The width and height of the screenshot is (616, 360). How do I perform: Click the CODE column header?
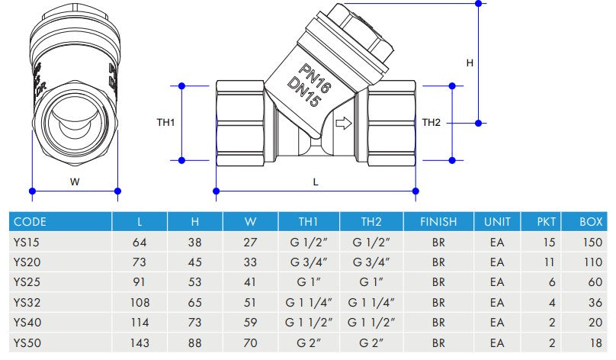click(x=30, y=222)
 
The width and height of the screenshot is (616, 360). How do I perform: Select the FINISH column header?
click(x=438, y=222)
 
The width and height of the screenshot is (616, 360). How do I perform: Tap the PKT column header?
click(x=547, y=222)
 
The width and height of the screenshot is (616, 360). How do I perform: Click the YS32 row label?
click(x=27, y=302)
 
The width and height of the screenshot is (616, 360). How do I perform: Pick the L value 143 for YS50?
click(x=140, y=342)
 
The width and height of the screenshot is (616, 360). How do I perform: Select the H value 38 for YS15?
click(x=195, y=242)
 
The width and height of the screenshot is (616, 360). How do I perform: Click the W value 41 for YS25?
click(x=250, y=282)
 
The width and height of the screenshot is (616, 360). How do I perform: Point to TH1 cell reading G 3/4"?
click(x=308, y=262)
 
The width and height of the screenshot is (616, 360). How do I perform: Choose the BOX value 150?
click(x=591, y=242)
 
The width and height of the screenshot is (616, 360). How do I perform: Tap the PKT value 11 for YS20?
click(x=547, y=262)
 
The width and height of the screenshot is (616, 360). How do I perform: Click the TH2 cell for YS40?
click(x=371, y=322)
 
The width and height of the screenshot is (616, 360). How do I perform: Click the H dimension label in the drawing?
click(x=470, y=63)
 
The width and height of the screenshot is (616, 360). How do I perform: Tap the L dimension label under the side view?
click(x=316, y=182)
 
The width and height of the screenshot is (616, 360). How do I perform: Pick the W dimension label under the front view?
click(x=75, y=182)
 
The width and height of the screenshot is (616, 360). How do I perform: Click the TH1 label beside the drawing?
click(x=165, y=122)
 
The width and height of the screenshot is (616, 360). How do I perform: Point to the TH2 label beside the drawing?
click(x=432, y=122)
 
